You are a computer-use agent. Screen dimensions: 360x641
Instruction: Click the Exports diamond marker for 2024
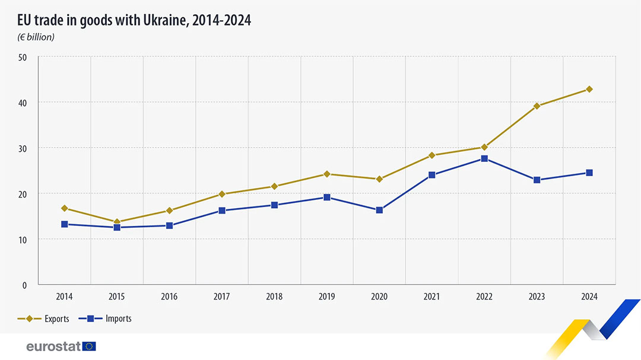pyautogui.click(x=589, y=89)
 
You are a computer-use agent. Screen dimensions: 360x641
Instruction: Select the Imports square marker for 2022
pyautogui.click(x=484, y=158)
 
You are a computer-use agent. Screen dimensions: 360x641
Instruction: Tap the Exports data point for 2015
pyautogui.click(x=117, y=222)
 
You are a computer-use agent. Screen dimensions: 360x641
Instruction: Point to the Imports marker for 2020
pyautogui.click(x=379, y=210)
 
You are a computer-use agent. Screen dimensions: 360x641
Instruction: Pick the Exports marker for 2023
pyautogui.click(x=537, y=106)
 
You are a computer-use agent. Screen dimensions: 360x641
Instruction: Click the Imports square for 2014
pyautogui.click(x=64, y=224)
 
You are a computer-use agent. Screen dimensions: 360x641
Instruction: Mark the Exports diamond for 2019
pyautogui.click(x=326, y=174)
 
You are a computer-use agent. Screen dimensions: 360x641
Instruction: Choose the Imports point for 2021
pyautogui.click(x=431, y=175)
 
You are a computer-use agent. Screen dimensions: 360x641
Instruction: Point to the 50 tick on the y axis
pyautogui.click(x=23, y=58)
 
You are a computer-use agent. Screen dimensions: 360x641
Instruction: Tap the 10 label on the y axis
pyautogui.click(x=23, y=240)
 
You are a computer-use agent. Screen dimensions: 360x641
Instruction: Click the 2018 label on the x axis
pyautogui.click(x=274, y=297)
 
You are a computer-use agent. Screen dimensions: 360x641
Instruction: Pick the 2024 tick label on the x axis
pyautogui.click(x=589, y=297)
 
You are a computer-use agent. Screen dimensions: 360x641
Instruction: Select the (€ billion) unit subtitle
pyautogui.click(x=35, y=37)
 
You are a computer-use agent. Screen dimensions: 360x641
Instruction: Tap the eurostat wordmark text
pyautogui.click(x=53, y=346)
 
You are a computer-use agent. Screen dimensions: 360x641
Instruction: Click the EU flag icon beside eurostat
pyautogui.click(x=90, y=346)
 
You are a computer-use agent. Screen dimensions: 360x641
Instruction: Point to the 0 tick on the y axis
pyautogui.click(x=25, y=285)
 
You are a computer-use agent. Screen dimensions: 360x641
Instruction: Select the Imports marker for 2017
pyautogui.click(x=222, y=211)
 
